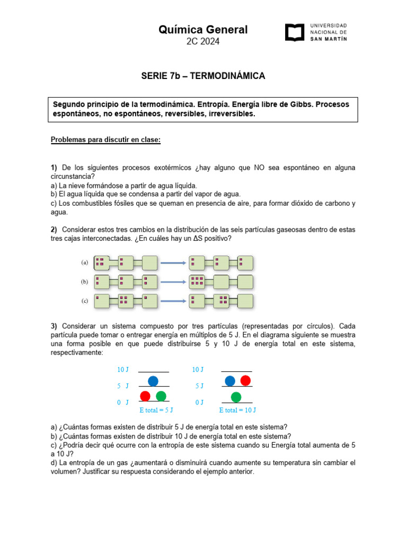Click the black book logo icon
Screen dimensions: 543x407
[295, 32]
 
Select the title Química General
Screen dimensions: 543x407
[203, 30]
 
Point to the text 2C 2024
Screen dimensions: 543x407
[203, 42]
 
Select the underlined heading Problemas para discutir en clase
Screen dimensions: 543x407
[105, 139]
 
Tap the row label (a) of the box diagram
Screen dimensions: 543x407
[84, 262]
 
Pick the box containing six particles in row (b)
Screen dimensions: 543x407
[197, 281]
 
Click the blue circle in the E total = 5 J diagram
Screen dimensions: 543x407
[153, 380]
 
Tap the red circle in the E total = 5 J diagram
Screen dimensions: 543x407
[145, 396]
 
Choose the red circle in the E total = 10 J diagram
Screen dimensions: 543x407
[245, 380]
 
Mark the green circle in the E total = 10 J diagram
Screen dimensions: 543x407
[236, 397]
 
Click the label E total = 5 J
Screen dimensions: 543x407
[156, 410]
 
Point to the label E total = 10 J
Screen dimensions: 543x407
[238, 410]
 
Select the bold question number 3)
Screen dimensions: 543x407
[54, 325]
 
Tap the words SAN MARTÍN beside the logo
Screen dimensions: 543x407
[329, 39]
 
